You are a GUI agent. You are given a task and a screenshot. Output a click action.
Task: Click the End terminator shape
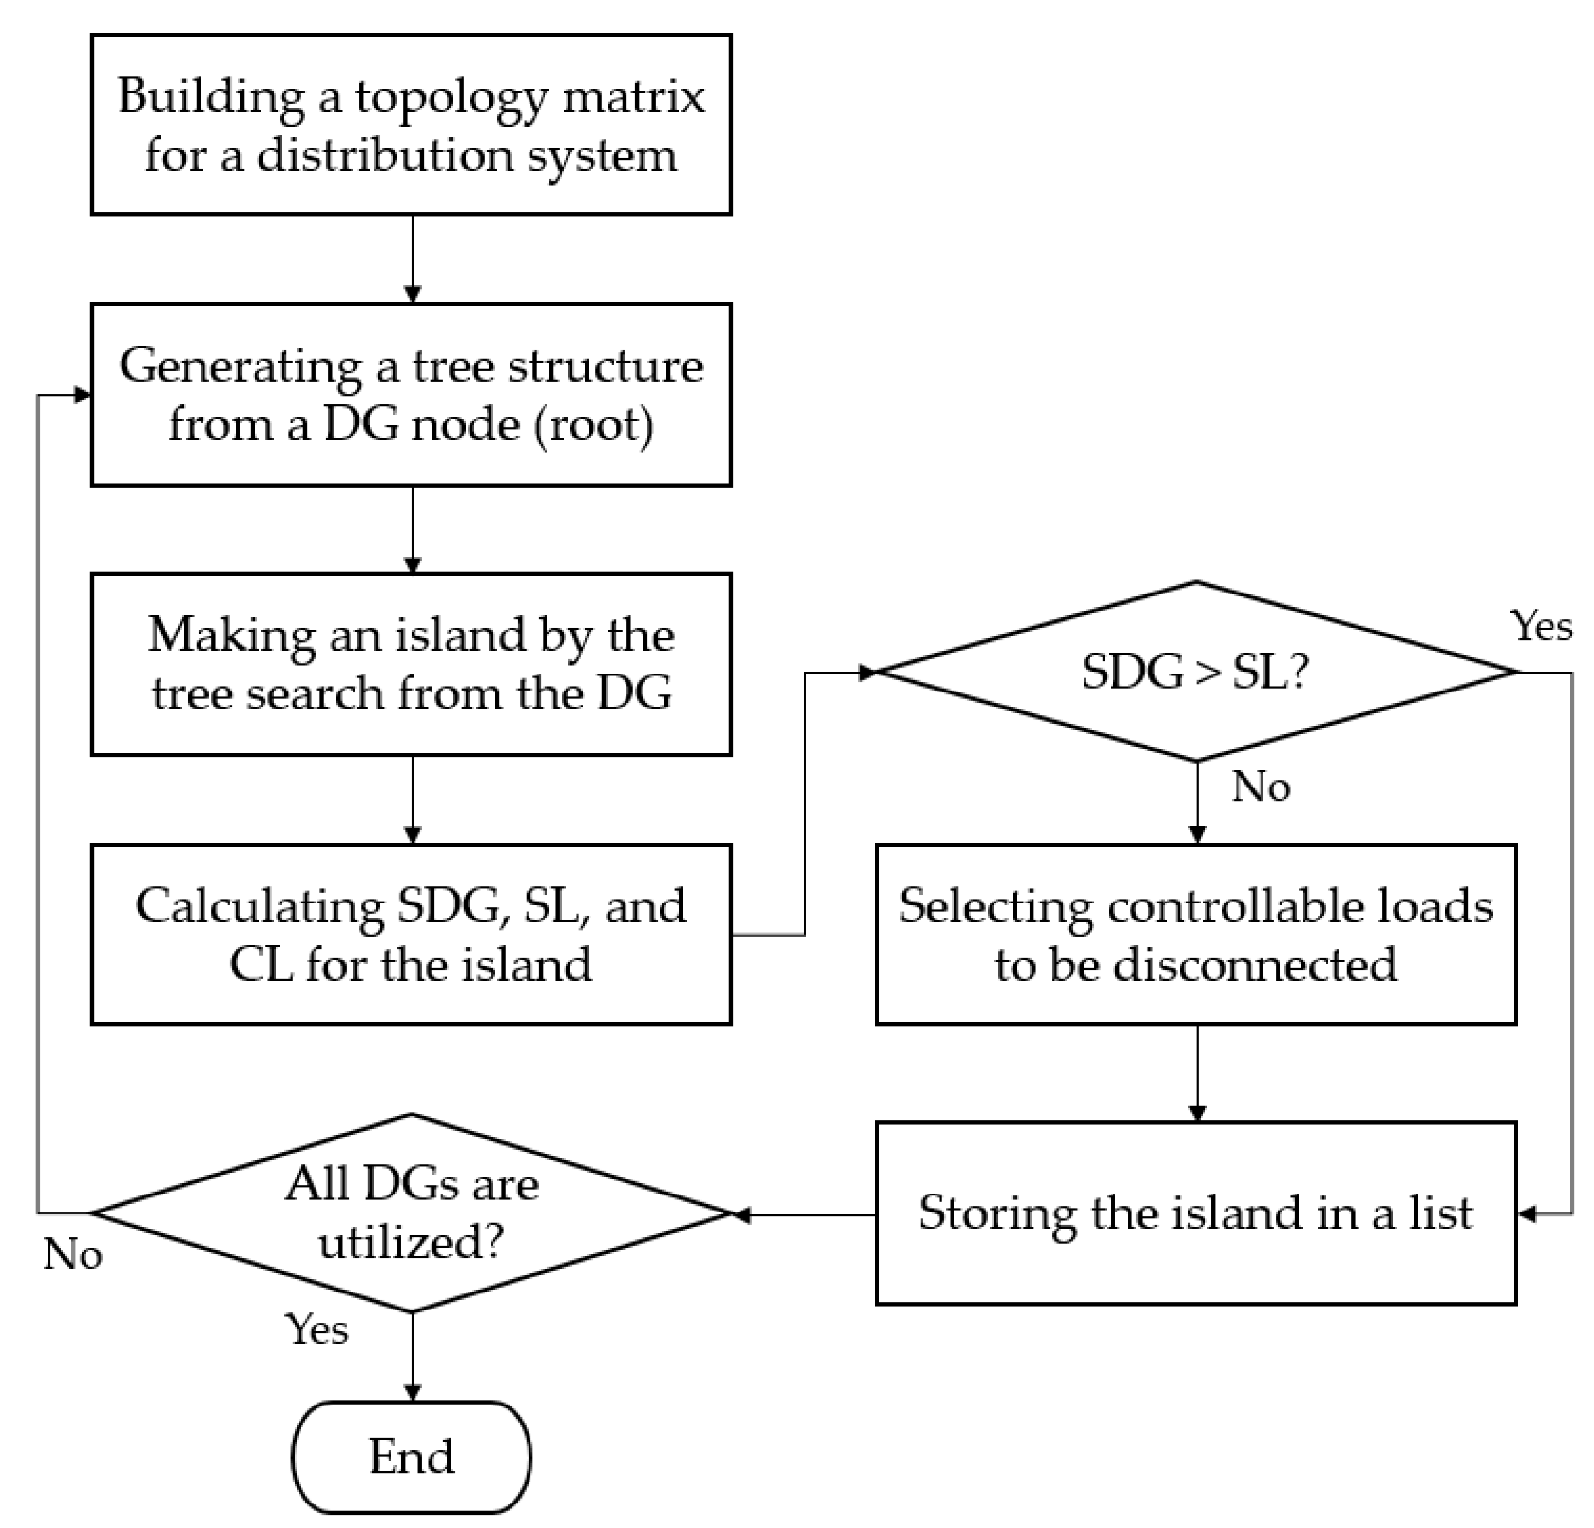[411, 1456]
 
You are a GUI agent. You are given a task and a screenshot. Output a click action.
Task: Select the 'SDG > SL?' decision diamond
[1195, 672]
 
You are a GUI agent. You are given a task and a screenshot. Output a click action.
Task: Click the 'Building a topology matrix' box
[412, 124]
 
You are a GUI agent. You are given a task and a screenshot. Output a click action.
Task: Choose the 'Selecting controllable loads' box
[1195, 934]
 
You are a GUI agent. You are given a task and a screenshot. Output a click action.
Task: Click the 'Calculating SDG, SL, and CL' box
[412, 934]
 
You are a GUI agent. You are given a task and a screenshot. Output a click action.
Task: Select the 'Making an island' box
[412, 664]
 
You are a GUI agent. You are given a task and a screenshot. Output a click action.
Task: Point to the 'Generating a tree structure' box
[412, 395]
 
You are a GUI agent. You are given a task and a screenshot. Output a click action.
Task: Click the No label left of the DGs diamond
[73, 1254]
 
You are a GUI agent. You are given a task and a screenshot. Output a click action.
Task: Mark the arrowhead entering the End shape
[412, 1393]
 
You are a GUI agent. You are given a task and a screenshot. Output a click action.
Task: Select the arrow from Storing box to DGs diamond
[805, 1216]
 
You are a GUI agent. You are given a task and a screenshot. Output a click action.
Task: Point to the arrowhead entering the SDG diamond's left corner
[868, 672]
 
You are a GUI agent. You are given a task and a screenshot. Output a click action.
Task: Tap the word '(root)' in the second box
[593, 425]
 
